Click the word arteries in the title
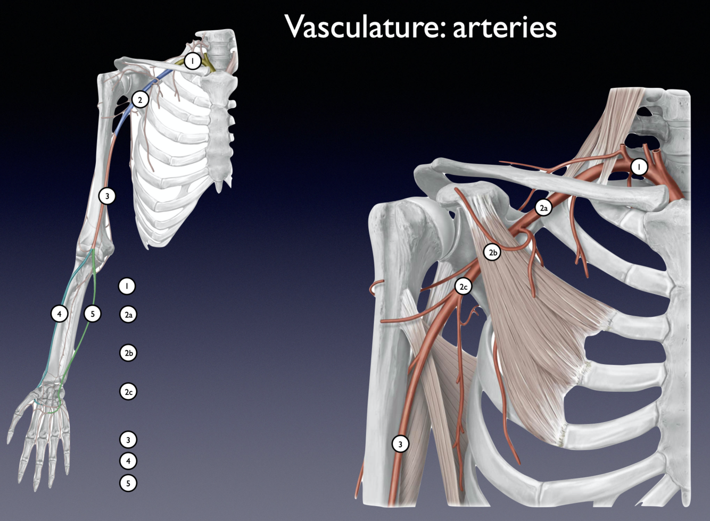coord(505,27)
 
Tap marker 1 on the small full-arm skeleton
coord(193,61)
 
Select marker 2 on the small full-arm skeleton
coord(140,99)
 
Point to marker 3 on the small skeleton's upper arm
coord(107,196)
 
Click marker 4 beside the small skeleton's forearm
coord(60,314)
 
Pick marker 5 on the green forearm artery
coord(93,314)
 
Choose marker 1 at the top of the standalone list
coord(127,286)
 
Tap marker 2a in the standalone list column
coord(128,315)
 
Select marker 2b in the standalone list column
coord(128,353)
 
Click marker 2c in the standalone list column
coord(128,392)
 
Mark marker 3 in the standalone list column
coord(128,440)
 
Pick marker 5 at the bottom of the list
coord(128,483)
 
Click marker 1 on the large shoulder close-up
coord(639,167)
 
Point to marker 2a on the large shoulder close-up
coord(543,208)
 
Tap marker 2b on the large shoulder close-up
coord(493,252)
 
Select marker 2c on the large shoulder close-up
coord(463,287)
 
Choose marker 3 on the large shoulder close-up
coord(400,443)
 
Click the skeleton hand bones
coord(40,431)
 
